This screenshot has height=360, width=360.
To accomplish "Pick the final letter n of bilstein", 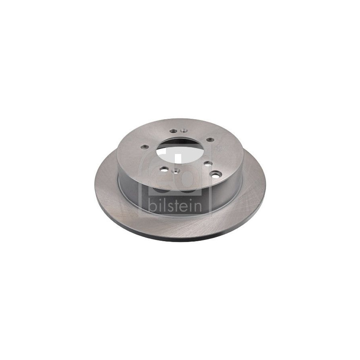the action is [x=198, y=207].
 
